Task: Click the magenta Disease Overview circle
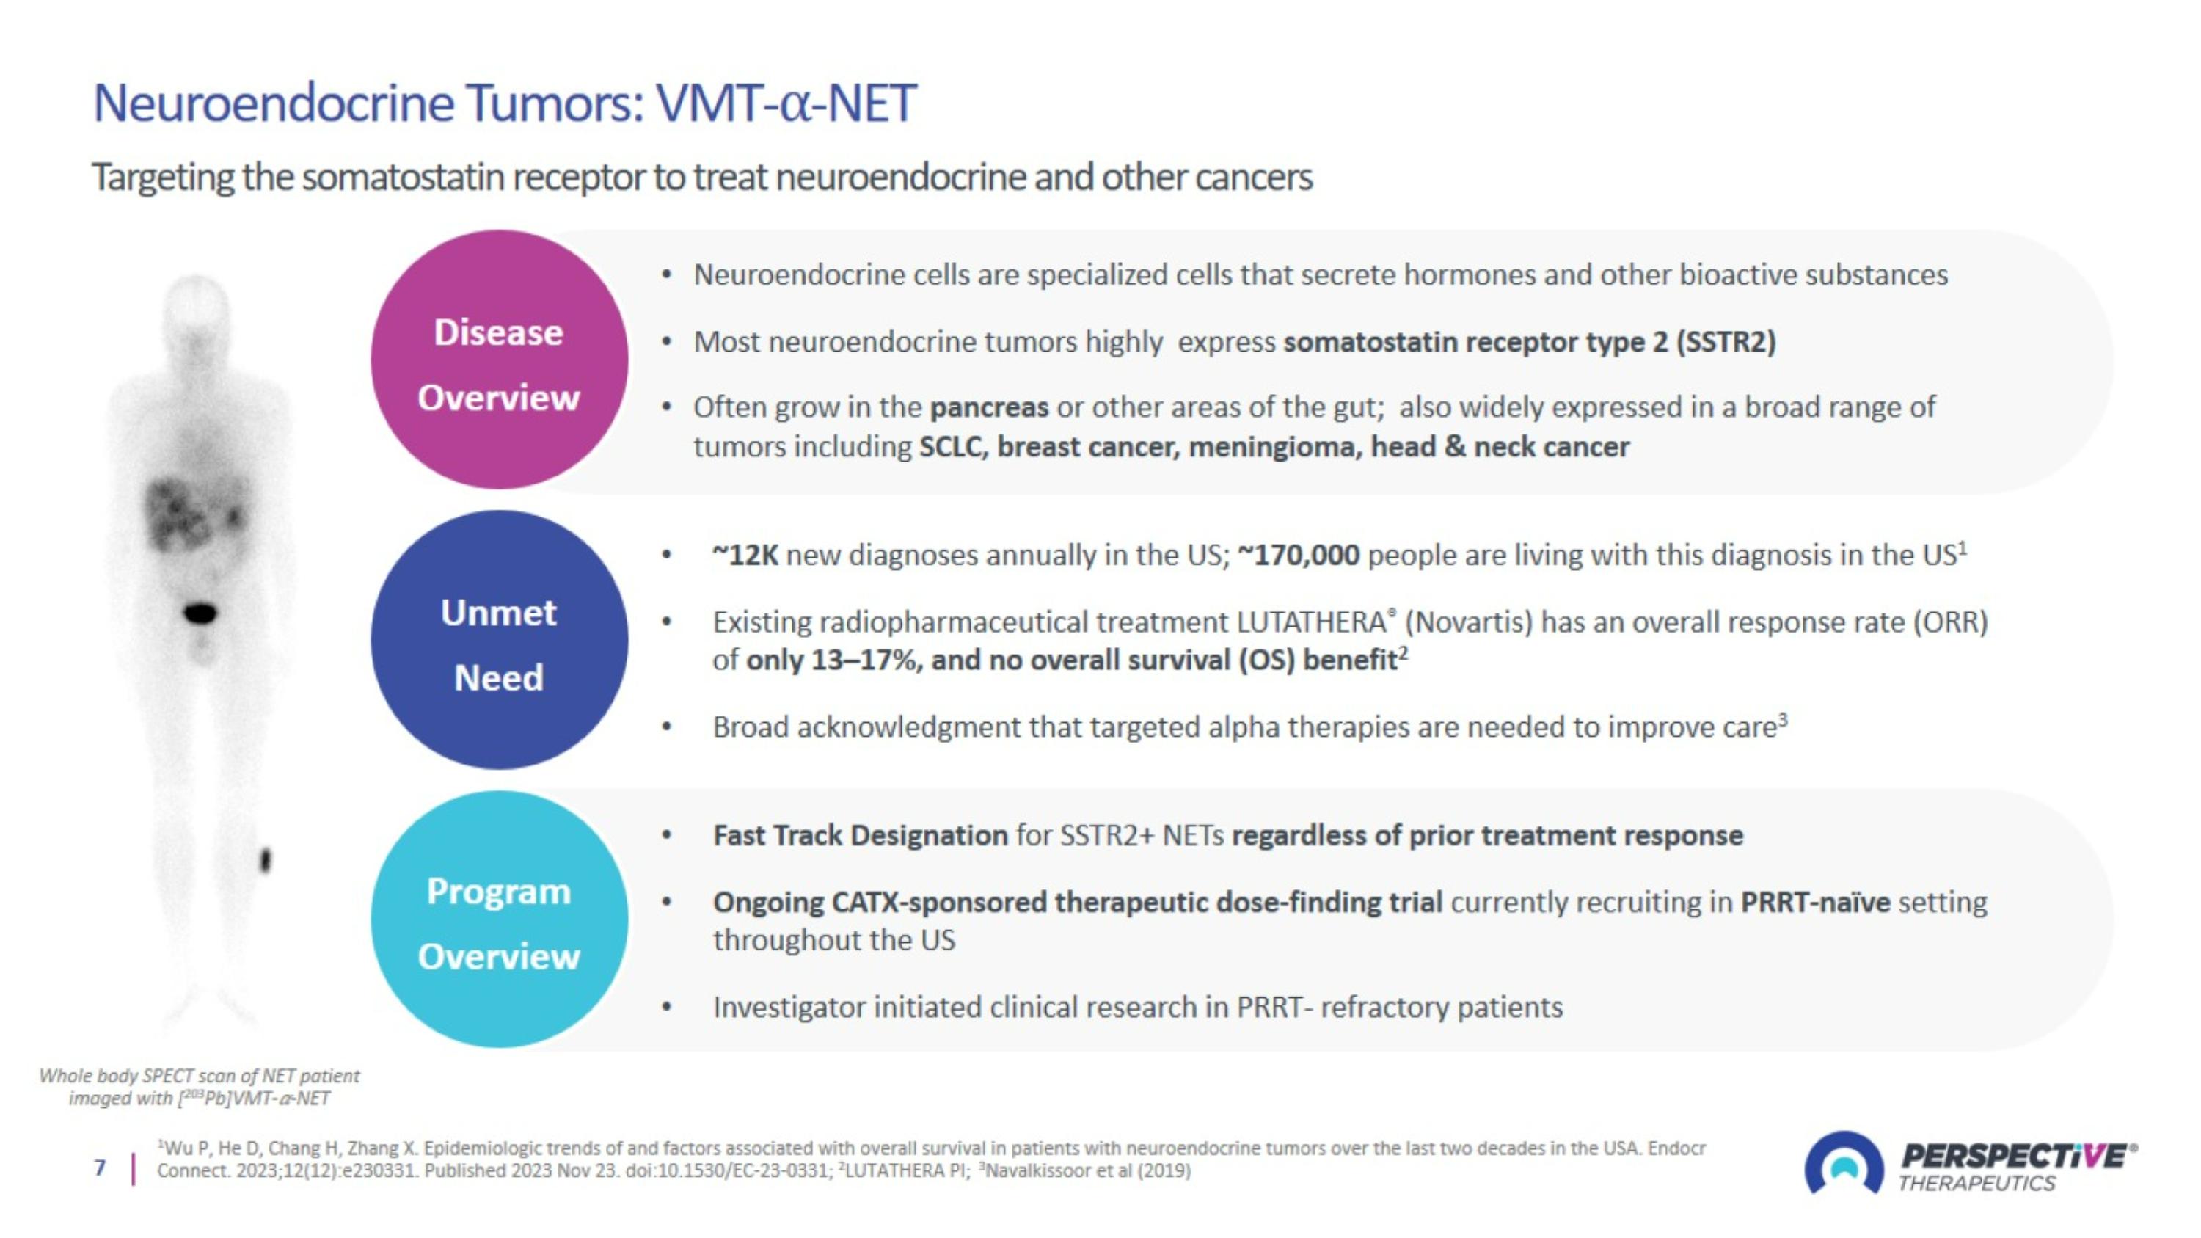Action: tap(499, 360)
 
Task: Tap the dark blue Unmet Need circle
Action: tap(499, 640)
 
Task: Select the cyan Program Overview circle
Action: tap(499, 920)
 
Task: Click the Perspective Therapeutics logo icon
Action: tap(1844, 1164)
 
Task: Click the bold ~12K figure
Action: tap(745, 556)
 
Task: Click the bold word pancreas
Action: tap(988, 407)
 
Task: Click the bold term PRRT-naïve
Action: tap(1816, 902)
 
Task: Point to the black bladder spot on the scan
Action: tap(201, 613)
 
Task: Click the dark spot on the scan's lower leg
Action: tap(265, 859)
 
